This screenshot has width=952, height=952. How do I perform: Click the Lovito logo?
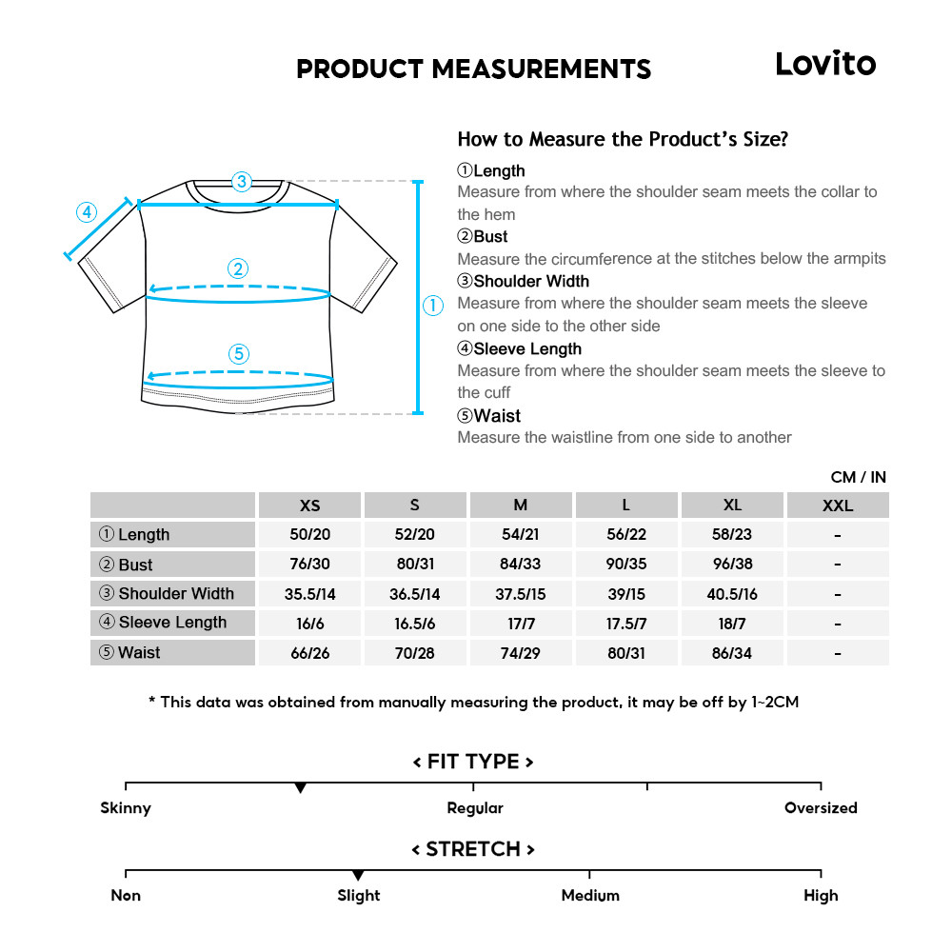point(824,64)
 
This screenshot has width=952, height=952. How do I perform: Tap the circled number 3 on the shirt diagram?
point(242,181)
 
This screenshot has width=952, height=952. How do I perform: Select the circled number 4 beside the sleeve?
point(87,211)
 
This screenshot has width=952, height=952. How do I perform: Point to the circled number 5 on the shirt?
point(239,354)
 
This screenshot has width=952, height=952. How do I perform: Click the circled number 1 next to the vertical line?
point(433,306)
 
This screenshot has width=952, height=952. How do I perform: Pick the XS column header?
point(309,506)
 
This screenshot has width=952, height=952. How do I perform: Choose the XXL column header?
point(837,506)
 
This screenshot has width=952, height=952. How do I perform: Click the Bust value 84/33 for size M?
point(520,564)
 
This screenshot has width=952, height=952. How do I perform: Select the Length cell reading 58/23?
point(731,534)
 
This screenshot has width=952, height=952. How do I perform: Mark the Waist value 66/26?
point(309,653)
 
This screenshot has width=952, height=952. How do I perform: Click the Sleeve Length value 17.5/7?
point(625,624)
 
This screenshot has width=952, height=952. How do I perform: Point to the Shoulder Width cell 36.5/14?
point(415,594)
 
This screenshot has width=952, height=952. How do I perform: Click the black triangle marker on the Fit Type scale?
point(300,788)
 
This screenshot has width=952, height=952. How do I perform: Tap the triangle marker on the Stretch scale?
point(358,875)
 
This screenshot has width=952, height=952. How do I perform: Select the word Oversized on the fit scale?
point(821,808)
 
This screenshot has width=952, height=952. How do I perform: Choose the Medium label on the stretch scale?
point(590,896)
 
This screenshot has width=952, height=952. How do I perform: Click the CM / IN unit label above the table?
point(858,477)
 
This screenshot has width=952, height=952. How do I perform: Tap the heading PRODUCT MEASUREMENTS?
point(473,69)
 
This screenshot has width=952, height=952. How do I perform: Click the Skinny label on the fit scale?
point(126,808)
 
